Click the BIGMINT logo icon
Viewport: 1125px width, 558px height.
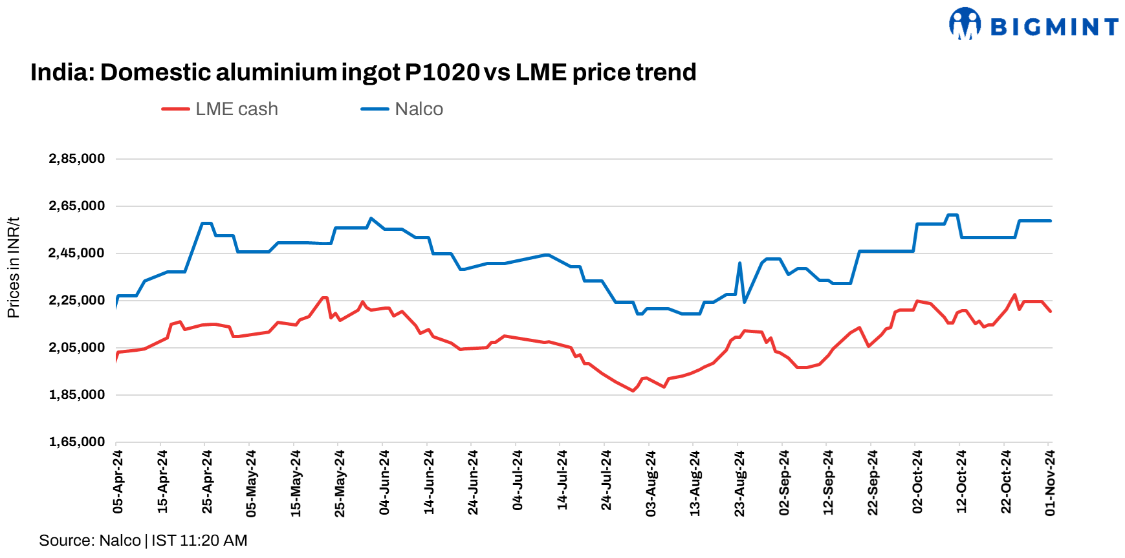(x=965, y=24)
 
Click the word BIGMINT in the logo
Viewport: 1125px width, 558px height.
(x=1054, y=27)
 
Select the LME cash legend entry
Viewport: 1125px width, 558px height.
(x=221, y=109)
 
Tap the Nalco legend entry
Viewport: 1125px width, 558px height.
(x=402, y=109)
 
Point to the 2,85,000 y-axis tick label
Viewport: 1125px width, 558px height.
(x=77, y=158)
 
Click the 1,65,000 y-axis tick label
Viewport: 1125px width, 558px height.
(x=77, y=442)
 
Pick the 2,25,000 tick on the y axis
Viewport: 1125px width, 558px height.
(x=77, y=300)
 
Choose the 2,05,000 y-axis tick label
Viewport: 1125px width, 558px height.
(x=77, y=347)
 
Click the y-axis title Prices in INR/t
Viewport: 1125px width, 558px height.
(x=13, y=268)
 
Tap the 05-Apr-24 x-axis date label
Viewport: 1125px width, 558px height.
(x=118, y=482)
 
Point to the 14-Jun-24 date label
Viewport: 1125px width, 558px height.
(x=428, y=482)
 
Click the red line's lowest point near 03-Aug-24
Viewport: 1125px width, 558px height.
(x=633, y=391)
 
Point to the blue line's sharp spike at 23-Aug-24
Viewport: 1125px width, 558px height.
(x=739, y=263)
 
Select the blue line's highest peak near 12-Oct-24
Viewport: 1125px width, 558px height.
(x=952, y=215)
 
